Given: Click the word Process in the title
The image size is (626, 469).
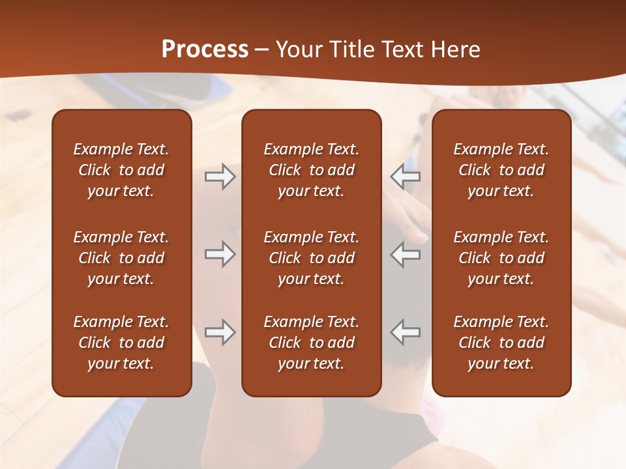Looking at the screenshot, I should click(205, 50).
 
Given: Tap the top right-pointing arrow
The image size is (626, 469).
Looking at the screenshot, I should click(220, 177).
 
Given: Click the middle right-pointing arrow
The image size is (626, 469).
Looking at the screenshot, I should click(220, 254).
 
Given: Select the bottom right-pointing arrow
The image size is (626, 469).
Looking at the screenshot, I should click(220, 332).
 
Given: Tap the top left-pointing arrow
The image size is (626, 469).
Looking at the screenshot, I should click(405, 177).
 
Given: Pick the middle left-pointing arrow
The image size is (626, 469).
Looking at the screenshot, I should click(405, 254).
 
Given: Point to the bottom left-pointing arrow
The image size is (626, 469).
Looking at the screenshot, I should click(405, 332).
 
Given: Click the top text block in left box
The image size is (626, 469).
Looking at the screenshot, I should click(121, 170).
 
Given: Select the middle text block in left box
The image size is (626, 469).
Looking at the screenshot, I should click(121, 258).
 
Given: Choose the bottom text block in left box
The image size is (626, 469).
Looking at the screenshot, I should click(121, 343).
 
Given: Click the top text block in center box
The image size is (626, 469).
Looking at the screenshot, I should click(311, 170).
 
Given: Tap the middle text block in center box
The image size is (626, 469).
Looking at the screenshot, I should click(311, 258).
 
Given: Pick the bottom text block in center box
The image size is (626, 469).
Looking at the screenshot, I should click(311, 343).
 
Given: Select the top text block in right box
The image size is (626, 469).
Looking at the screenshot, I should click(501, 170).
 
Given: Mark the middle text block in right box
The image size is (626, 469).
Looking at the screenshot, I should click(501, 258).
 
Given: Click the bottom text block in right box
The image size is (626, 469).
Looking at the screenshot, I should click(501, 343).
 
